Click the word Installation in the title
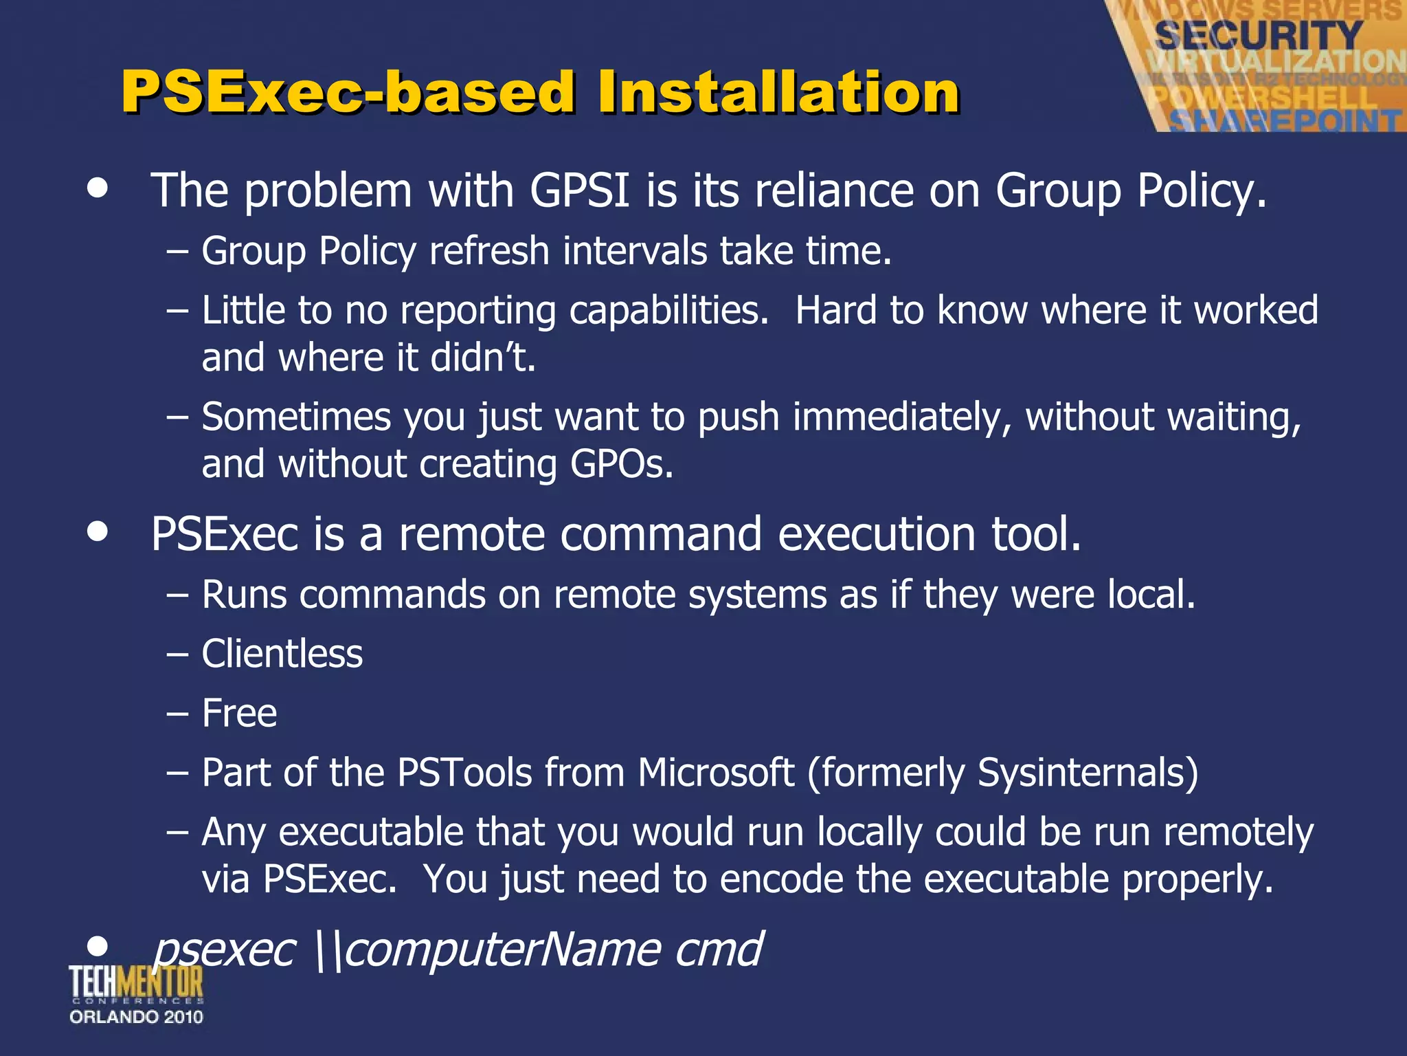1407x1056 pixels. pos(778,92)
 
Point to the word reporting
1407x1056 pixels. pos(477,311)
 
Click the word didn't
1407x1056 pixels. pos(482,357)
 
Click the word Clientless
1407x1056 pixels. pos(282,653)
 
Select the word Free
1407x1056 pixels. pos(239,713)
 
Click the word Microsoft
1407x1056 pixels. pos(716,773)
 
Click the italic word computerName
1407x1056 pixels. pos(502,949)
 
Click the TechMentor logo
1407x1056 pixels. pos(136,983)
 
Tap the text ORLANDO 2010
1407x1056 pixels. pos(136,1017)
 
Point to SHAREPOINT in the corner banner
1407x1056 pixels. pos(1285,121)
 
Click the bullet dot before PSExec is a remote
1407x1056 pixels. pos(98,531)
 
